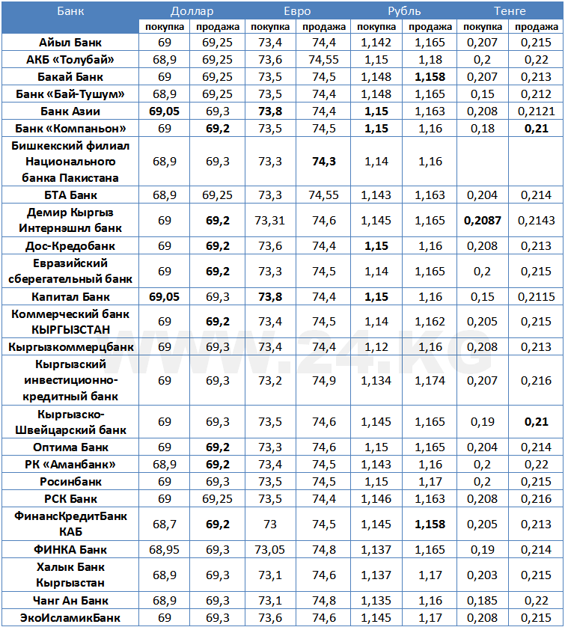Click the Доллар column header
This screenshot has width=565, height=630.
pyautogui.click(x=192, y=10)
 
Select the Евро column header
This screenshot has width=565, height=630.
pyautogui.click(x=297, y=10)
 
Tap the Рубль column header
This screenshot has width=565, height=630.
pyautogui.click(x=403, y=10)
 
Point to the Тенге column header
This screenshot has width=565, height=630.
pyautogui.click(x=510, y=10)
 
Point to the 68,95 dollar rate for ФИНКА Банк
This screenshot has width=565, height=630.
pyautogui.click(x=165, y=550)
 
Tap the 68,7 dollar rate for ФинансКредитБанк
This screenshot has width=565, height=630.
pyautogui.click(x=165, y=524)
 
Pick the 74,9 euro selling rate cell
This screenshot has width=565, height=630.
pyautogui.click(x=323, y=381)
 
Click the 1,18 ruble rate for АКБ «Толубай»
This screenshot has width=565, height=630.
pyautogui.click(x=430, y=59)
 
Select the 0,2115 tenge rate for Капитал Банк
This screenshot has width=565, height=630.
pyautogui.click(x=535, y=297)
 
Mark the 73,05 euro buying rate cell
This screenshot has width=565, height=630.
pyautogui.click(x=270, y=550)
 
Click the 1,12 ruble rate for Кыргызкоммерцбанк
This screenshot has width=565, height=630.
pyautogui.click(x=376, y=347)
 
